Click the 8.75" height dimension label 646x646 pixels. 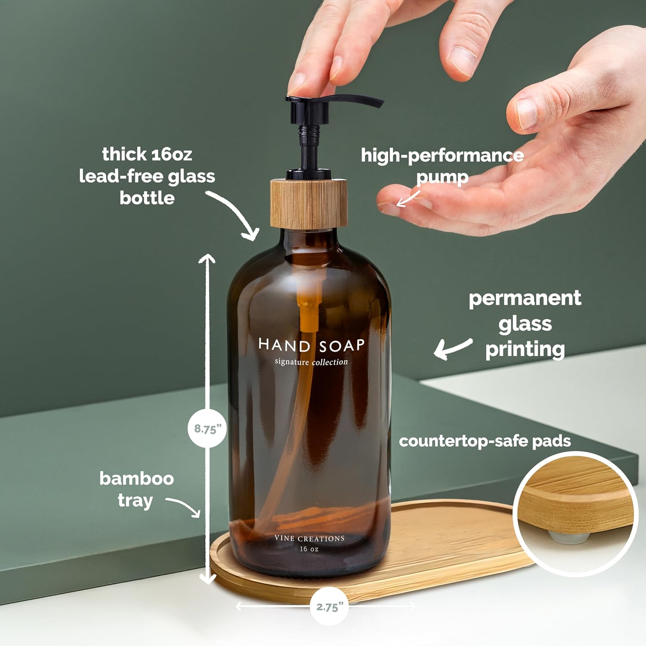(207, 429)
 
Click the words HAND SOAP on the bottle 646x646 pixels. (311, 345)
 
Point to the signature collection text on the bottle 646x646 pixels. (311, 362)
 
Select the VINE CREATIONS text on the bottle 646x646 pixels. (310, 539)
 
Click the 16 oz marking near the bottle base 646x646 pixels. (309, 549)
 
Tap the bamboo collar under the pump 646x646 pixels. (309, 203)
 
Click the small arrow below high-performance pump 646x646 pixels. (407, 199)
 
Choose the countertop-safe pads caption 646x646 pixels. (484, 441)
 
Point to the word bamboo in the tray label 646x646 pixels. (137, 478)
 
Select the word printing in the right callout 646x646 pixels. (525, 349)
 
